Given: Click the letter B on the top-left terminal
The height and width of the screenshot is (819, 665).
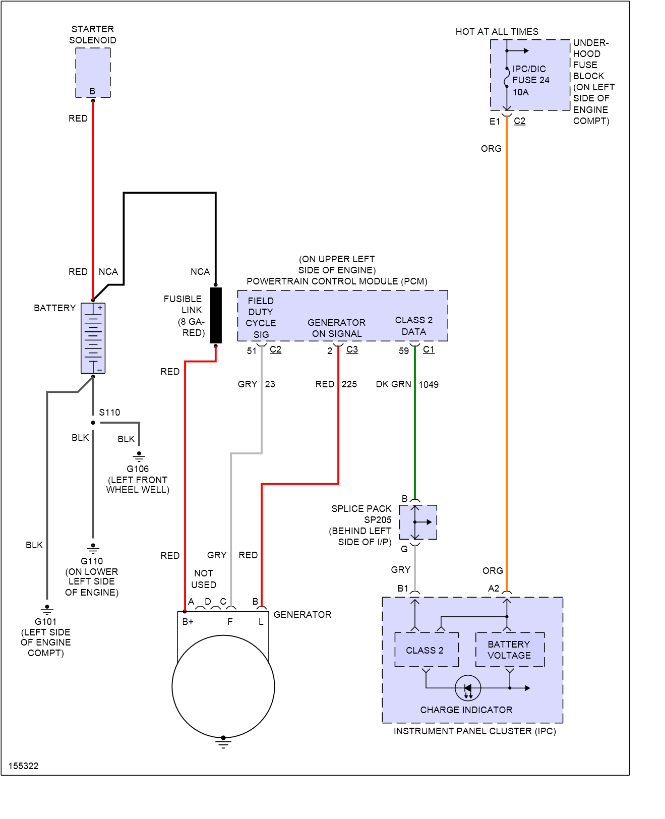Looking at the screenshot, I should click(92, 91).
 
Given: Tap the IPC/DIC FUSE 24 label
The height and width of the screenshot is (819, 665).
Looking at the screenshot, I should click(530, 74).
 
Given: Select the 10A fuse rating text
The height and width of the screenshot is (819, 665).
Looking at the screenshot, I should click(521, 92).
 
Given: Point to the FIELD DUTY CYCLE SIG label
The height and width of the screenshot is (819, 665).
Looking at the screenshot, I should click(261, 318).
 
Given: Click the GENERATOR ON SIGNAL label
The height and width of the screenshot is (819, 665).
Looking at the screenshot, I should click(336, 328).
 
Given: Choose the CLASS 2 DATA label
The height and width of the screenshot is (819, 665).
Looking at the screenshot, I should click(414, 326).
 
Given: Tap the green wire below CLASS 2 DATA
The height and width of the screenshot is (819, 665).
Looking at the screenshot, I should click(415, 424).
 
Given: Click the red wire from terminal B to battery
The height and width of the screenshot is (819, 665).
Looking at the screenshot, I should click(93, 202).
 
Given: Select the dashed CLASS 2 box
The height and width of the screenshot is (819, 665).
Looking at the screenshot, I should click(427, 650).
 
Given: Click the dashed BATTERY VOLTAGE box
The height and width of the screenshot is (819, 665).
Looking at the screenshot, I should click(510, 650).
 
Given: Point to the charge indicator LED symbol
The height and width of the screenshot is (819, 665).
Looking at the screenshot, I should click(468, 688).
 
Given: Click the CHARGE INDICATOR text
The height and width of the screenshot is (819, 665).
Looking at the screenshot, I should click(466, 710).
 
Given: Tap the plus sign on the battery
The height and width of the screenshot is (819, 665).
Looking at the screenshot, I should click(100, 308).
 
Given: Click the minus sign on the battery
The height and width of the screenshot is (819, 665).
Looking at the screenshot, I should click(100, 370).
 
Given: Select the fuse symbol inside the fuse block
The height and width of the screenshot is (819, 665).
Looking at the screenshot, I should click(507, 78).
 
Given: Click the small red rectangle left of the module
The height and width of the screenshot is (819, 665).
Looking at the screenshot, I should click(200, 371).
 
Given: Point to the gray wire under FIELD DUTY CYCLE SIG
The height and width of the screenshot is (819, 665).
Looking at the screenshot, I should click(261, 398).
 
